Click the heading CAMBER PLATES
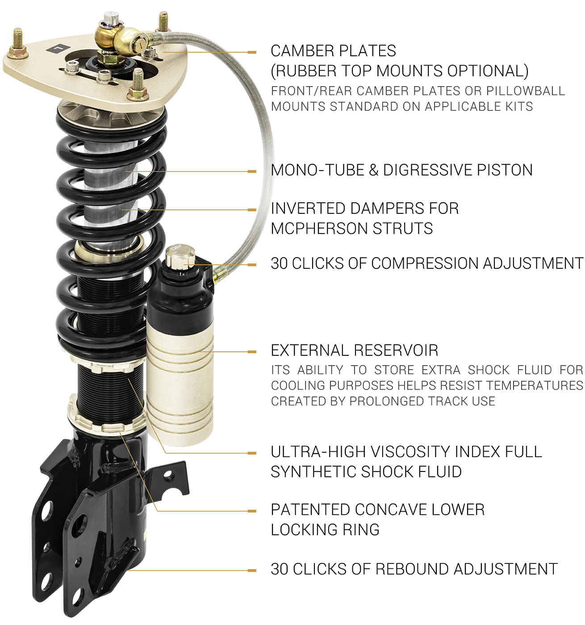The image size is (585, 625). click(x=333, y=51)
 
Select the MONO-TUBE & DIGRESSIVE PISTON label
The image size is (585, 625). click(x=401, y=170)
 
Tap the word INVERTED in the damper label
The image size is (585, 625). click(x=308, y=208)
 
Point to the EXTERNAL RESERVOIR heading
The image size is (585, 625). click(x=354, y=350)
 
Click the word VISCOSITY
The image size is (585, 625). click(x=410, y=452)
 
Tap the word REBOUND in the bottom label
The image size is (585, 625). click(x=411, y=569)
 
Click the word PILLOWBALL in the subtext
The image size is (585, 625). click(x=526, y=91)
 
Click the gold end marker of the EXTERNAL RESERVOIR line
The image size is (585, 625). click(x=252, y=352)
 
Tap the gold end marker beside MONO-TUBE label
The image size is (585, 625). click(x=252, y=171)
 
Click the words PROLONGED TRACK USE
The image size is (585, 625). click(x=422, y=401)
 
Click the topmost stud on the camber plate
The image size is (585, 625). click(x=163, y=22)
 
